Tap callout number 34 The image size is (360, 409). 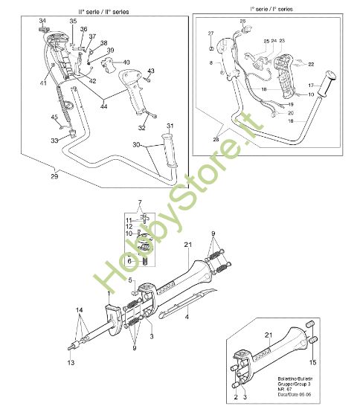point(42,19)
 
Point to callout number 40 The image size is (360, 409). point(126,62)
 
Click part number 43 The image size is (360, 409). point(150,71)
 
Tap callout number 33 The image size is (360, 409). point(53,140)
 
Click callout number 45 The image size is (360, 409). point(54,117)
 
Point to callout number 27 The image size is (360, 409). point(210,34)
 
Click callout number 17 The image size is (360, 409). point(311,85)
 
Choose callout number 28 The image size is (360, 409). point(216,139)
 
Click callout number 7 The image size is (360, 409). point(138,203)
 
